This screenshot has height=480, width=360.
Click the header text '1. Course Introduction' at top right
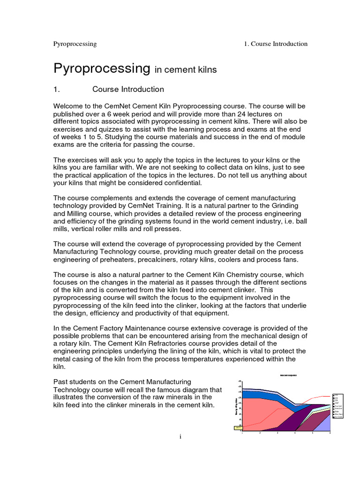click(x=276, y=44)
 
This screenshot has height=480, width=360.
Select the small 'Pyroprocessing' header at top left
click(x=75, y=44)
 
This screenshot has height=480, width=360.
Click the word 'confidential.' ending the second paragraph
click(x=179, y=183)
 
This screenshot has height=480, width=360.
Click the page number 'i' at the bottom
click(x=180, y=437)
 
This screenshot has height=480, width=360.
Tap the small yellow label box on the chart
click(x=238, y=427)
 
